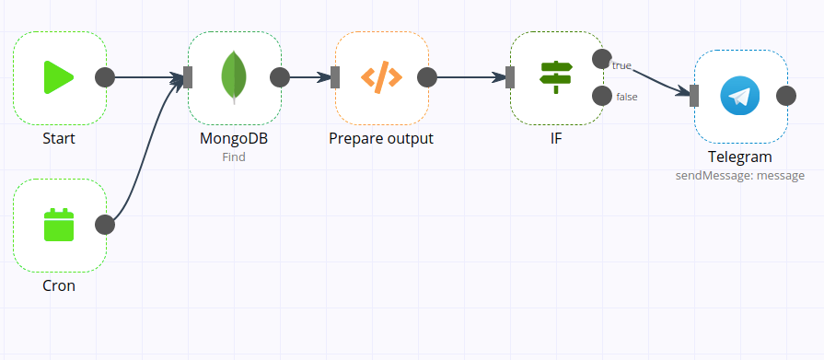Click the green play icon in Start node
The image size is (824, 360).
click(x=59, y=77)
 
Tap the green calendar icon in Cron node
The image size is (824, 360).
click(x=59, y=225)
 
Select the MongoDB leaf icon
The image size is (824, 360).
click(x=234, y=77)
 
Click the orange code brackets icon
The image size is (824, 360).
click(x=381, y=77)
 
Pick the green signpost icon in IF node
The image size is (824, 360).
click(x=556, y=77)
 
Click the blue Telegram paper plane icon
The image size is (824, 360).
click(x=740, y=96)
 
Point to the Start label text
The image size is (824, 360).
click(x=59, y=139)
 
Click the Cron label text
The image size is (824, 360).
click(x=59, y=286)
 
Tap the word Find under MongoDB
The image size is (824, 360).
click(x=234, y=157)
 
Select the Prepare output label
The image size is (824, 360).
click(x=381, y=139)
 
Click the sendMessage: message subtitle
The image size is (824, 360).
click(x=740, y=175)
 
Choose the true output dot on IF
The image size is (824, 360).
click(x=602, y=59)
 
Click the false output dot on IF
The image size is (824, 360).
click(x=602, y=96)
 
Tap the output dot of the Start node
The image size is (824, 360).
click(x=105, y=77)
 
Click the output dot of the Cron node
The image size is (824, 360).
click(x=105, y=225)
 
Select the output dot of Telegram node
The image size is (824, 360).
click(x=786, y=96)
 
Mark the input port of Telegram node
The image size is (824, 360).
click(x=694, y=96)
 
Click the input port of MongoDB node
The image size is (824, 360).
click(x=188, y=77)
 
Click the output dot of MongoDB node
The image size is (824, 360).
click(x=280, y=77)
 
